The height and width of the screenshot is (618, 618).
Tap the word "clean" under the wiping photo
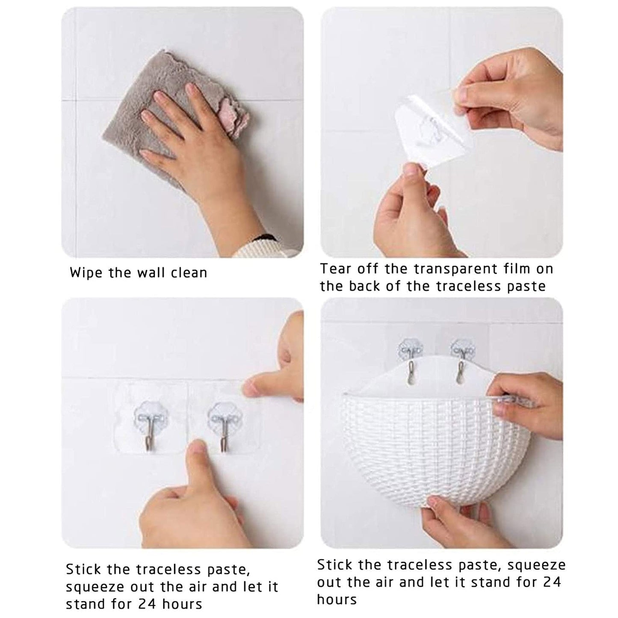189,273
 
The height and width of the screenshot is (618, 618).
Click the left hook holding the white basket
411,366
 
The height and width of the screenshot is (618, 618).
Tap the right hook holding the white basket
462,366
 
